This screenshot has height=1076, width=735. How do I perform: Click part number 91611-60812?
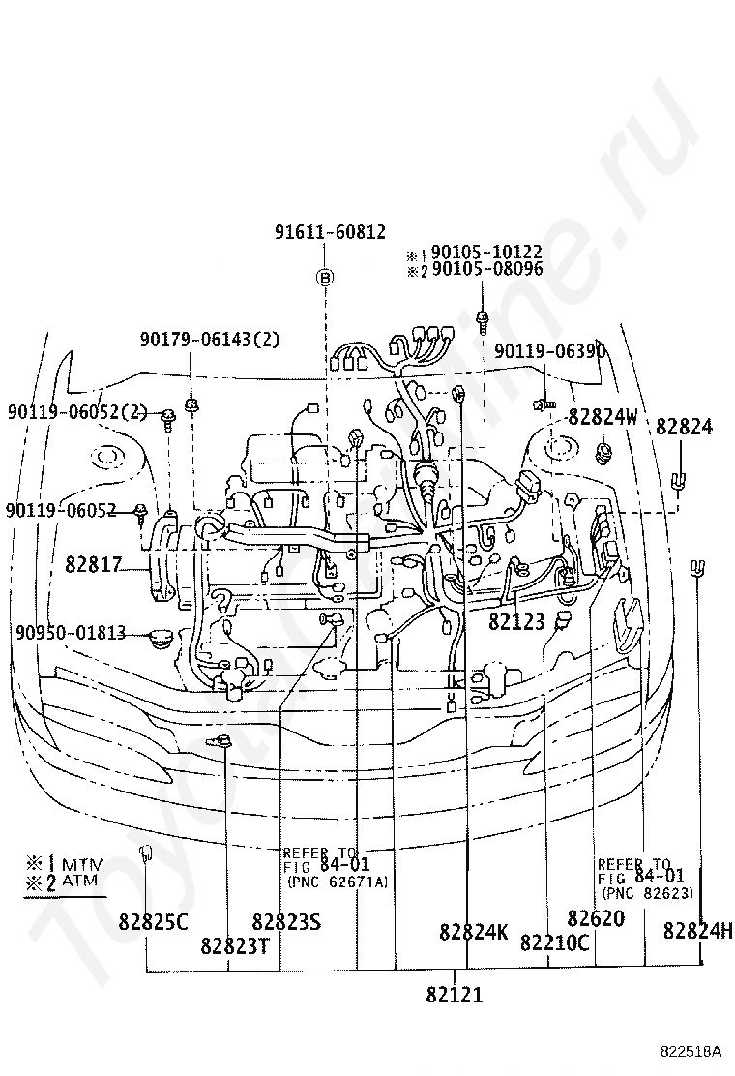[330, 232]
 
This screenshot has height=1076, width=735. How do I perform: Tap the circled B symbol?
[326, 278]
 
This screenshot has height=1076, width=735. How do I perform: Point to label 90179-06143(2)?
[210, 339]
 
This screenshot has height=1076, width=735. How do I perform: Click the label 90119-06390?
[549, 350]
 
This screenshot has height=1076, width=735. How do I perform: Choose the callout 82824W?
[603, 417]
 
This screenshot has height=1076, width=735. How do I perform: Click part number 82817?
[92, 563]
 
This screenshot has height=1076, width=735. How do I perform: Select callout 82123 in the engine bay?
[516, 622]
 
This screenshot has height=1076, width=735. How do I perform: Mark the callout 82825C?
[154, 921]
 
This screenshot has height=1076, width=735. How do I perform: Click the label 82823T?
[235, 944]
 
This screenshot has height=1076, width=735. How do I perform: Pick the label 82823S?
[285, 921]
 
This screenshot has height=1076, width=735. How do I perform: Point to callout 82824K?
[473, 932]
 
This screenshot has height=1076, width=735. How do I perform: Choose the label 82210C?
[554, 942]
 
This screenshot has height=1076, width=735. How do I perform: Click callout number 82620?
[596, 918]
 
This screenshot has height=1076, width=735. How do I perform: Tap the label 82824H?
[698, 931]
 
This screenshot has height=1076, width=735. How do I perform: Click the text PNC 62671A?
[337, 881]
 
